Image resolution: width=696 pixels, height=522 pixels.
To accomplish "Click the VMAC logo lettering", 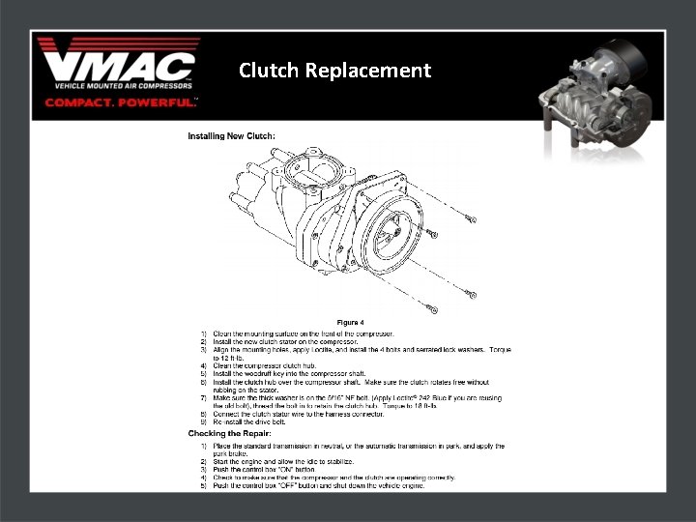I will point(117,65).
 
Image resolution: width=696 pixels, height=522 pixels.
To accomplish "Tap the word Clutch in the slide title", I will point(270,71).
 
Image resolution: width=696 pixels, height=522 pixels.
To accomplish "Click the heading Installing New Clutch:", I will point(231,136).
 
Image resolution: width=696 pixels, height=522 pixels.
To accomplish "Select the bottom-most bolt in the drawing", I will point(432,309).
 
